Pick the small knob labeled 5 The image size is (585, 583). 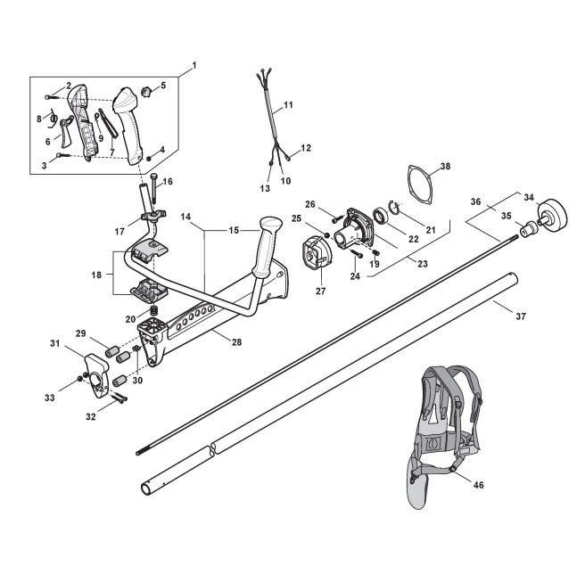pyautogui.click(x=150, y=88)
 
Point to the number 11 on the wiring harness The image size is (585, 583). pyautogui.click(x=288, y=105)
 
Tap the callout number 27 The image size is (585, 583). pyautogui.click(x=319, y=289)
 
